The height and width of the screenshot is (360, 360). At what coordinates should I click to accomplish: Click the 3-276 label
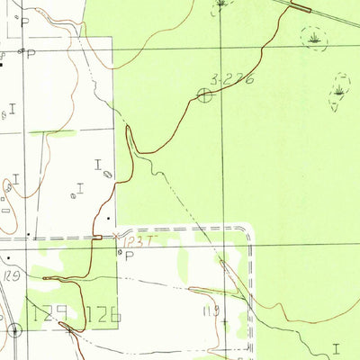pyautogui.click(x=228, y=80)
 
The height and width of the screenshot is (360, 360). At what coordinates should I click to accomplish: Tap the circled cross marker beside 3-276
pyautogui.click(x=205, y=94)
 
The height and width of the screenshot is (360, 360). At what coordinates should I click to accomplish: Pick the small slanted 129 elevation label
pyautogui.click(x=12, y=273)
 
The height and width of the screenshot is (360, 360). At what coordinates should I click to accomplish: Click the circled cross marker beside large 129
pyautogui.click(x=14, y=329)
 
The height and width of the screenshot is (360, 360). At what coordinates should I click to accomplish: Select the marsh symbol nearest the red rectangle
pyautogui.click(x=314, y=39)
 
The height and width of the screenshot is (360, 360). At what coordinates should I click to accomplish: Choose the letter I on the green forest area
pyautogui.click(x=336, y=346)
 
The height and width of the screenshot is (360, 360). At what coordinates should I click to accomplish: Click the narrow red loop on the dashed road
pyautogui.click(x=97, y=238)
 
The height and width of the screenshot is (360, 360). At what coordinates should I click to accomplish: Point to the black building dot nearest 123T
pyautogui.click(x=110, y=217)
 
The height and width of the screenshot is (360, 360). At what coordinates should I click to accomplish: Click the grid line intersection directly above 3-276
pyautogui.click(x=223, y=48)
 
